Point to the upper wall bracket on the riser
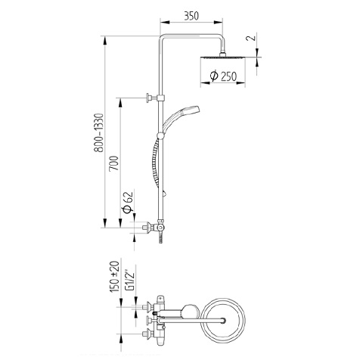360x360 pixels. [149, 97]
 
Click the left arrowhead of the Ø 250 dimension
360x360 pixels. [203, 82]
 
